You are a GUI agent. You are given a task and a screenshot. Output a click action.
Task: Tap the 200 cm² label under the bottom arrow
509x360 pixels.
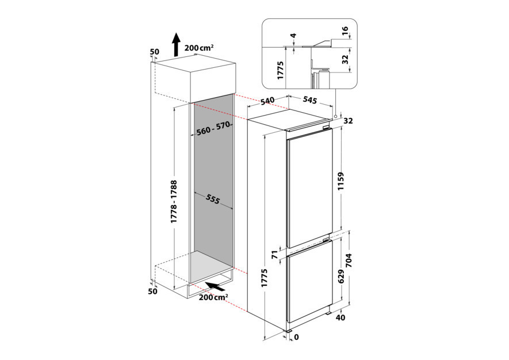pyautogui.click(x=213, y=297)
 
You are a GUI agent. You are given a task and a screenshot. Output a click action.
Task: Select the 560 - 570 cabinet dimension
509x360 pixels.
pyautogui.click(x=213, y=129)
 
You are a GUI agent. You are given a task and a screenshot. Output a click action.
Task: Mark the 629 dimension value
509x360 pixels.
pyautogui.click(x=341, y=279)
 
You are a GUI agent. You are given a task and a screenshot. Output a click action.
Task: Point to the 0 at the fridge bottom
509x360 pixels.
pyautogui.click(x=297, y=338)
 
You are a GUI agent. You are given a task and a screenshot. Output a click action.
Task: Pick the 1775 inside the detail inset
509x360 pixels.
pyautogui.click(x=281, y=70)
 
